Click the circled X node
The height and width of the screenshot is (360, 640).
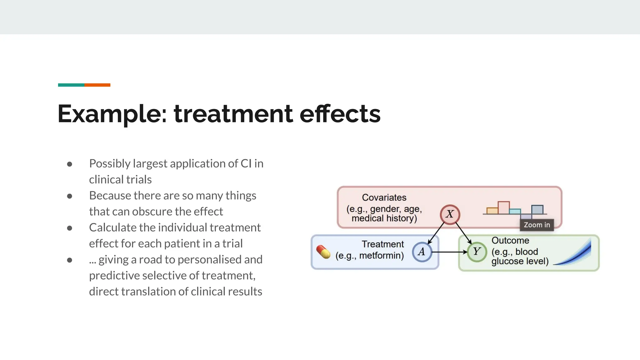(x=450, y=214)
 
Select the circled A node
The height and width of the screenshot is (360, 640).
(x=422, y=252)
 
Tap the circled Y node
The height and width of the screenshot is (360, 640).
(x=477, y=252)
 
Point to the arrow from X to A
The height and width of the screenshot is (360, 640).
(x=436, y=233)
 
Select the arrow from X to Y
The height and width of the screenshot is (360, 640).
(x=463, y=233)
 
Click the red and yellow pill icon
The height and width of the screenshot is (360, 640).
(x=323, y=252)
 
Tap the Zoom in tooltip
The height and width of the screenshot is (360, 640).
(x=537, y=225)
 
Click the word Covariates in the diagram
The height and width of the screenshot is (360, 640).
(x=384, y=197)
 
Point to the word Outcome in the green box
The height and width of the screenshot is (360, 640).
(x=510, y=240)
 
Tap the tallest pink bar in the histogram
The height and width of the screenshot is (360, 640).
(x=503, y=208)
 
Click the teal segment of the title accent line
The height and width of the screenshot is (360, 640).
(x=71, y=85)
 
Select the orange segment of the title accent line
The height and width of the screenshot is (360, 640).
(x=97, y=85)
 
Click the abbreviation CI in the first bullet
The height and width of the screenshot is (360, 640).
(x=246, y=163)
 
